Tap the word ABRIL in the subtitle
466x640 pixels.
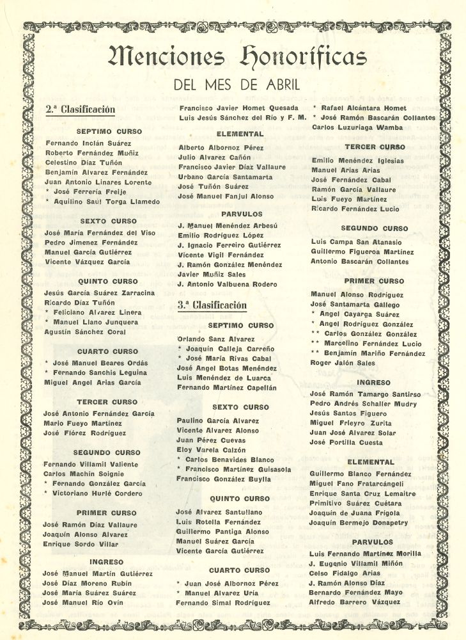click(x=281, y=84)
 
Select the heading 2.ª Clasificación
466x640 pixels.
click(x=80, y=109)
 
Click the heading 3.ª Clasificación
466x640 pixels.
click(x=212, y=305)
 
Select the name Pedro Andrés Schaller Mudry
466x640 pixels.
click(x=362, y=404)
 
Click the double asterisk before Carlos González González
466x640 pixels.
click(x=315, y=334)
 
